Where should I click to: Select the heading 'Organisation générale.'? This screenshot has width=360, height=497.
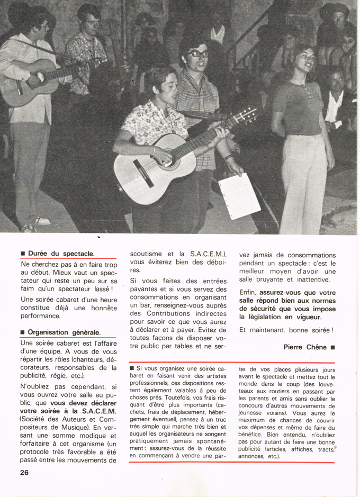(64, 332)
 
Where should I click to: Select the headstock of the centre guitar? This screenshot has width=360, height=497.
(246, 116)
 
